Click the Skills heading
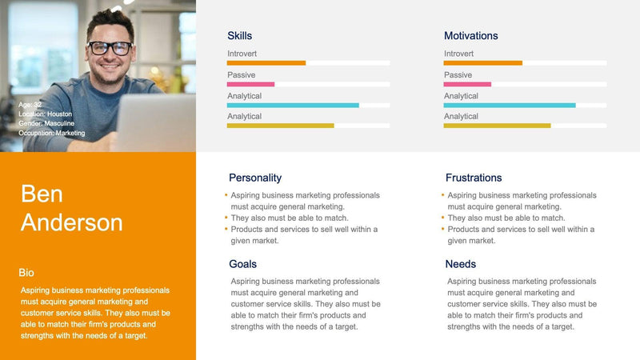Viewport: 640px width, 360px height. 239,36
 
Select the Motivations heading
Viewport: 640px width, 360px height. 470,36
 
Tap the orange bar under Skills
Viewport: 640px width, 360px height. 266,63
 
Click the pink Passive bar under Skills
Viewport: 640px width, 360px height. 250,84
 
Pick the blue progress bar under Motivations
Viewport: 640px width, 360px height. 510,105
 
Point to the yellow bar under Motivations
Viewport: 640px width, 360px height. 497,126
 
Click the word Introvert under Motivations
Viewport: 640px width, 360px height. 458,54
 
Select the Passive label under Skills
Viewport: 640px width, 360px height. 241,74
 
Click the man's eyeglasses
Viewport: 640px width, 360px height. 110,48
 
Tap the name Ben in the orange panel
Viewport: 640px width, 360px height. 42,194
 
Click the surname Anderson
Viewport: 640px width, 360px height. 72,222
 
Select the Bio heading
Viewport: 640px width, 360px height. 26,273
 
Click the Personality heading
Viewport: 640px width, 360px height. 255,178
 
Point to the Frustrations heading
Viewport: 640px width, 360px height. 474,178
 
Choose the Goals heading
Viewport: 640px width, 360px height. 243,264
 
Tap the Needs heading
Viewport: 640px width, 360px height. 461,264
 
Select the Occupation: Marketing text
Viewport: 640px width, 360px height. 51,133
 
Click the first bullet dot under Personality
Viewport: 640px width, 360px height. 226,194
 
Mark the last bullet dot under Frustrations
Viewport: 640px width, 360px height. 443,229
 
